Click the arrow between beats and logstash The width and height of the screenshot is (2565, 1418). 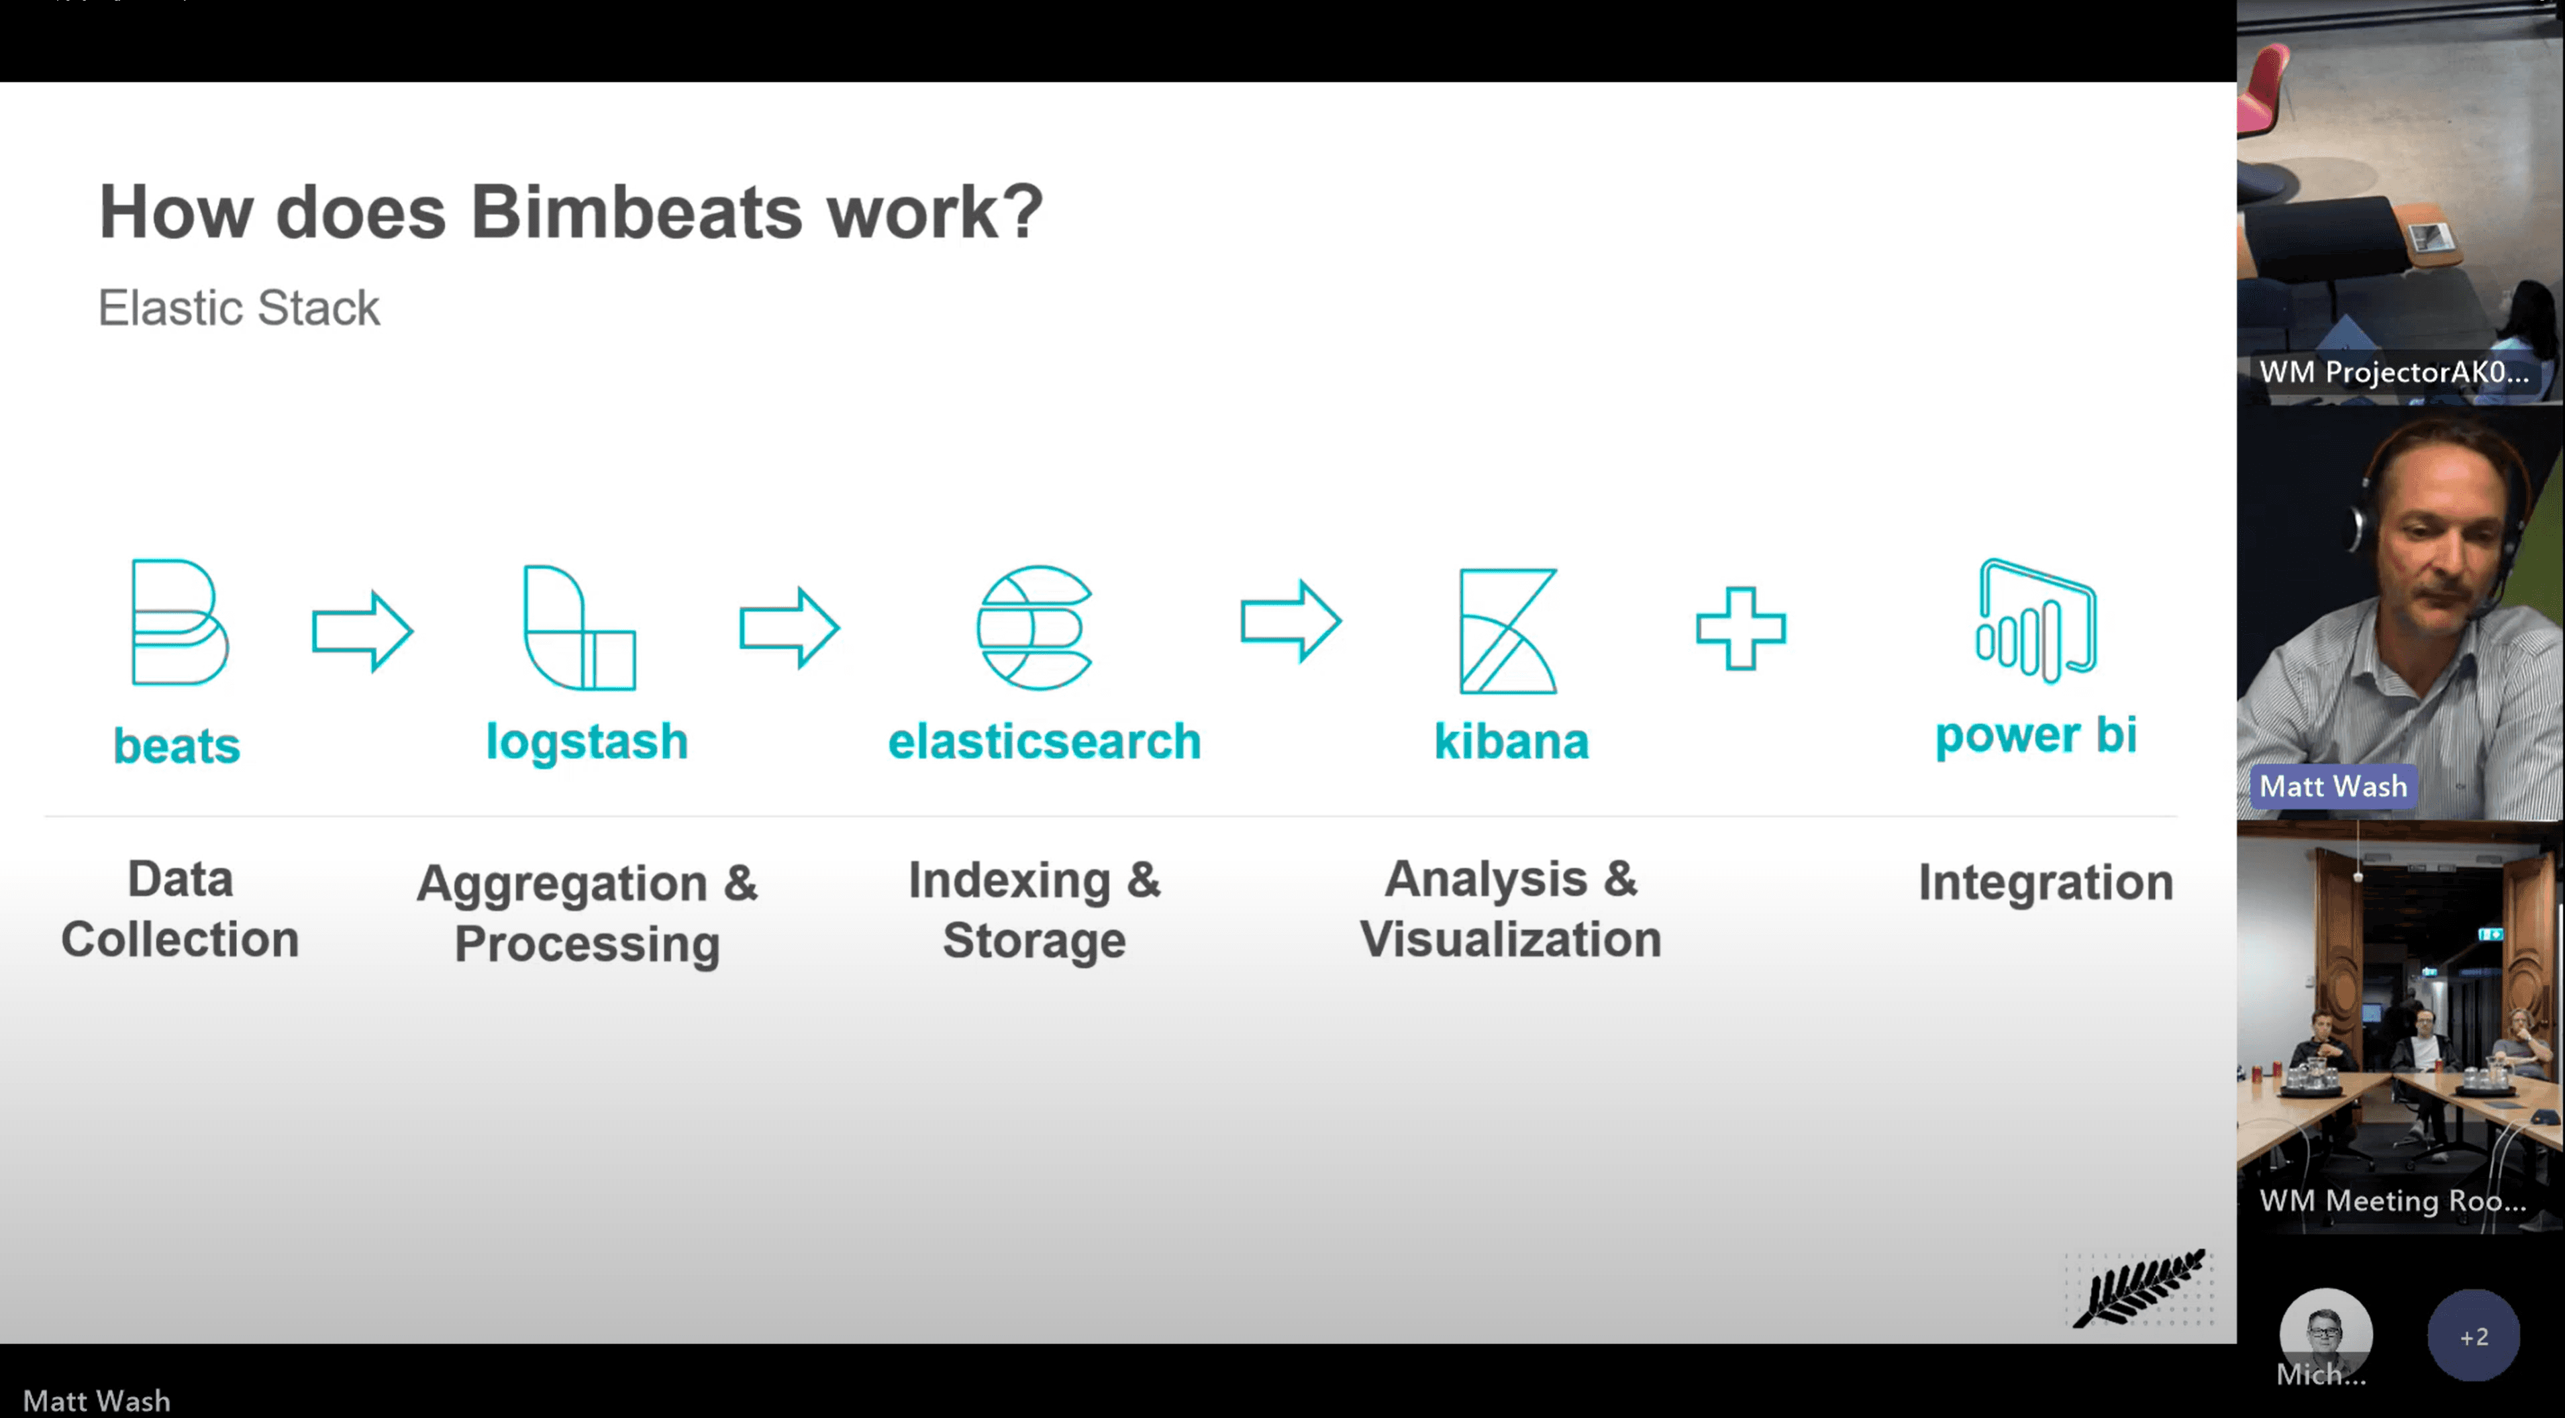click(x=362, y=630)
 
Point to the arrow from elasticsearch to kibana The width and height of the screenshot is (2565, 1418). click(x=1291, y=621)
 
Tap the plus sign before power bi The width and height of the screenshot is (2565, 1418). click(x=1741, y=628)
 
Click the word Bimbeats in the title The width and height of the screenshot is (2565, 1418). click(x=636, y=212)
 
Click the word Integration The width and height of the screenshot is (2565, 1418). click(x=2046, y=882)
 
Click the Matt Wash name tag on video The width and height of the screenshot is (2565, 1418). click(x=2333, y=786)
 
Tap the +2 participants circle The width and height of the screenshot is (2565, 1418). click(x=2474, y=1335)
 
